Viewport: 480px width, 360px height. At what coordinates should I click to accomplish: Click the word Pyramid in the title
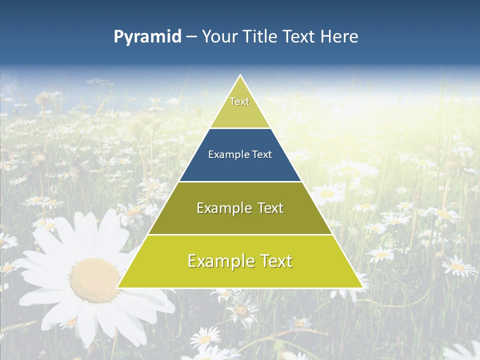click(147, 36)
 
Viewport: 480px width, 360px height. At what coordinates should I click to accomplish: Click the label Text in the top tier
click(239, 101)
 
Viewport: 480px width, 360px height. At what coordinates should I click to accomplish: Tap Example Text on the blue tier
click(240, 154)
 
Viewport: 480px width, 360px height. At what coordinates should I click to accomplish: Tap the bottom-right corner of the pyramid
click(362, 287)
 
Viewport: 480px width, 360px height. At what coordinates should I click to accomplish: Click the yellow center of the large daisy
click(94, 280)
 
